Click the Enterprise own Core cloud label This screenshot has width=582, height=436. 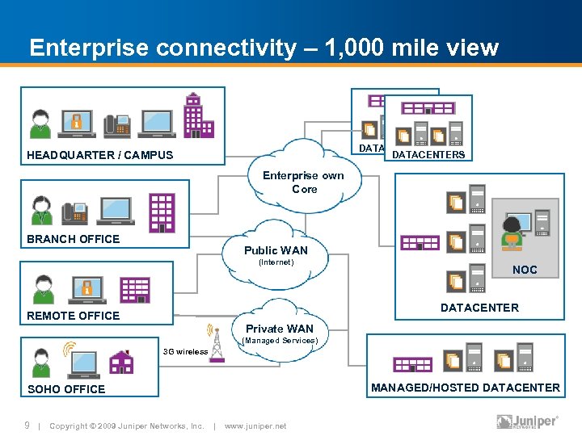point(304,182)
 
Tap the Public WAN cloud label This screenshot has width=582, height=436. point(276,251)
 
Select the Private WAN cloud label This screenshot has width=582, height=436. point(279,329)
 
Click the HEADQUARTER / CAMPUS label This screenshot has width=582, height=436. point(99,155)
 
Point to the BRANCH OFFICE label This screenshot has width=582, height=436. point(73,239)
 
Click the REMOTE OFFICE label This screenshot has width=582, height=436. point(73,316)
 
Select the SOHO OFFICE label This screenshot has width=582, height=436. point(66,389)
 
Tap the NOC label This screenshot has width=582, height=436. point(525,270)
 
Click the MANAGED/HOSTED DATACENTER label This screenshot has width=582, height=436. point(465,388)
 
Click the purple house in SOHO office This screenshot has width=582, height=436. point(121,363)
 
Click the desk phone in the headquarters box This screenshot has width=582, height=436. point(116,123)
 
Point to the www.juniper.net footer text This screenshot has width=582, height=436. point(255,426)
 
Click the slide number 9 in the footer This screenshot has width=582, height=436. point(27,426)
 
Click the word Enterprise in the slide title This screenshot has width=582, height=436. point(88,48)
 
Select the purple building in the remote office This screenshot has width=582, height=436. point(134,289)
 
